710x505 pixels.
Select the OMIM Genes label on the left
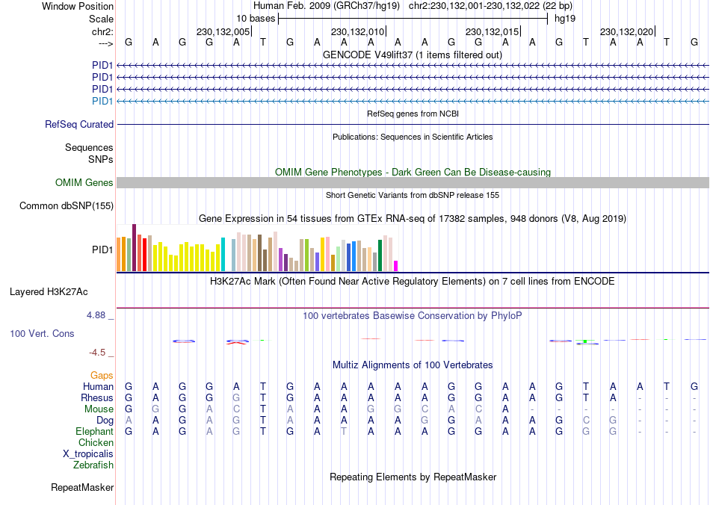(84, 183)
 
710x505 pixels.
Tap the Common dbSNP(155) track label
(67, 205)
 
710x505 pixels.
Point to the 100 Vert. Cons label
(42, 333)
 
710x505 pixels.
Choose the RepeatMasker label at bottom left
(82, 488)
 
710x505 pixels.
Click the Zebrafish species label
(93, 465)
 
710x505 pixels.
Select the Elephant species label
(94, 432)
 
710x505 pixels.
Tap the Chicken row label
(96, 443)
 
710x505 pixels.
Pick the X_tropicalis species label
(88, 454)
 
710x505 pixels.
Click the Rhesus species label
(97, 398)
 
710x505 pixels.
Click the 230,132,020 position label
(626, 32)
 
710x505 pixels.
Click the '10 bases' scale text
(256, 18)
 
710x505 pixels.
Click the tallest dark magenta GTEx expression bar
(134, 247)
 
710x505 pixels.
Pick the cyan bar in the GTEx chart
(223, 254)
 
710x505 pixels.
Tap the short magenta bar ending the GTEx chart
(396, 266)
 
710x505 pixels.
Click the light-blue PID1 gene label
(102, 101)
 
